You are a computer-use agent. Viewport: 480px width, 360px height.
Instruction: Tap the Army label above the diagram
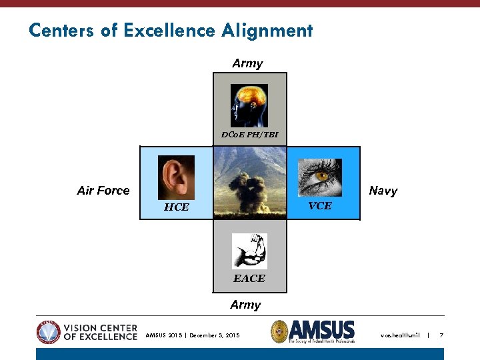(x=247, y=63)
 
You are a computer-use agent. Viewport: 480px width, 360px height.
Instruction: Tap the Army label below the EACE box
(x=245, y=305)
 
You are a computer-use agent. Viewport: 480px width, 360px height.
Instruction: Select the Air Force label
(x=103, y=191)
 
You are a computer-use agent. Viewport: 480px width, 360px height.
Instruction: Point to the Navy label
(x=383, y=191)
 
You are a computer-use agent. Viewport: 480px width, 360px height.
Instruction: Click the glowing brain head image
(x=249, y=105)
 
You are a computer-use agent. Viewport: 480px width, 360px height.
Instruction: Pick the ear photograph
(x=177, y=177)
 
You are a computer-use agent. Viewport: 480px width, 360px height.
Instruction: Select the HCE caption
(x=177, y=207)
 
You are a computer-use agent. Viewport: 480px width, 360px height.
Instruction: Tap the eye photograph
(x=320, y=177)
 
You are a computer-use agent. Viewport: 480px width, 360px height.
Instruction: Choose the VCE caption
(x=320, y=206)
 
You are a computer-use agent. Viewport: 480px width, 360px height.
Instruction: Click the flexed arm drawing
(x=249, y=251)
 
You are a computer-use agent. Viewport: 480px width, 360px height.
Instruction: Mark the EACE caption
(x=249, y=278)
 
